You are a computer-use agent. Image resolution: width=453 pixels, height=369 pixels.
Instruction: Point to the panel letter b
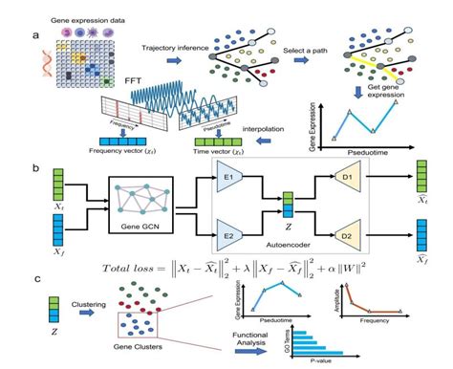click(36, 169)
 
